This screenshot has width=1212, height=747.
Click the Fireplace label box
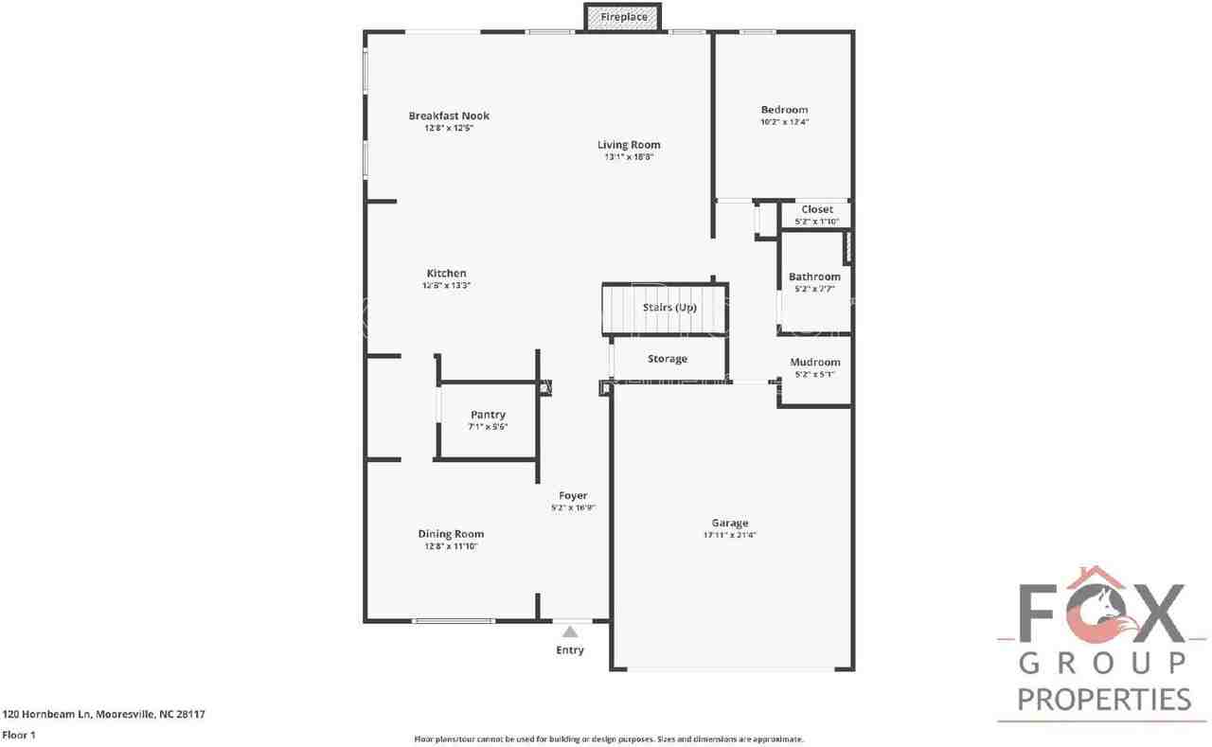623,17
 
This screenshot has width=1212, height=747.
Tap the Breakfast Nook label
449,116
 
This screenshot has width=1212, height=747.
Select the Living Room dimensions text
629,157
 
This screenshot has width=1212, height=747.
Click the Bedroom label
784,110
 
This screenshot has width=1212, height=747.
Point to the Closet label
816,209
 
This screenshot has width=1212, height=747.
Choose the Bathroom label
814,276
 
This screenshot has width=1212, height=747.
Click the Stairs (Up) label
669,308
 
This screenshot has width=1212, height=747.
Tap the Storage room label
668,359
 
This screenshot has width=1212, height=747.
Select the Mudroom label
814,362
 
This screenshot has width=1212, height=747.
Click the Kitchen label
446,274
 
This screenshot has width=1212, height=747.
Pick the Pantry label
488,415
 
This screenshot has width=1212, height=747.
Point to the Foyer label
573,495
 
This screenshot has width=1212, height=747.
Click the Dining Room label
451,534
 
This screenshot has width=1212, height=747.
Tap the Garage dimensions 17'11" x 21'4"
729,535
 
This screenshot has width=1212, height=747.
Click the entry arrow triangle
570,631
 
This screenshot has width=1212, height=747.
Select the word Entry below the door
570,650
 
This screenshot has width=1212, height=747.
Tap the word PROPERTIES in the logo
1103,700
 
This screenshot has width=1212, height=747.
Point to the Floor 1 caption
19,735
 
